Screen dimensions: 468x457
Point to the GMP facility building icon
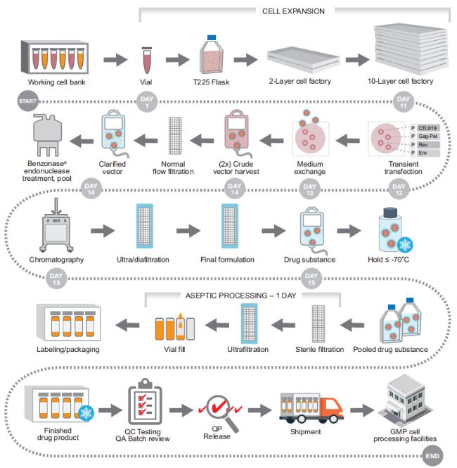(x=405, y=403)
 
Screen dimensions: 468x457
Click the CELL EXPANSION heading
(x=293, y=11)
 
